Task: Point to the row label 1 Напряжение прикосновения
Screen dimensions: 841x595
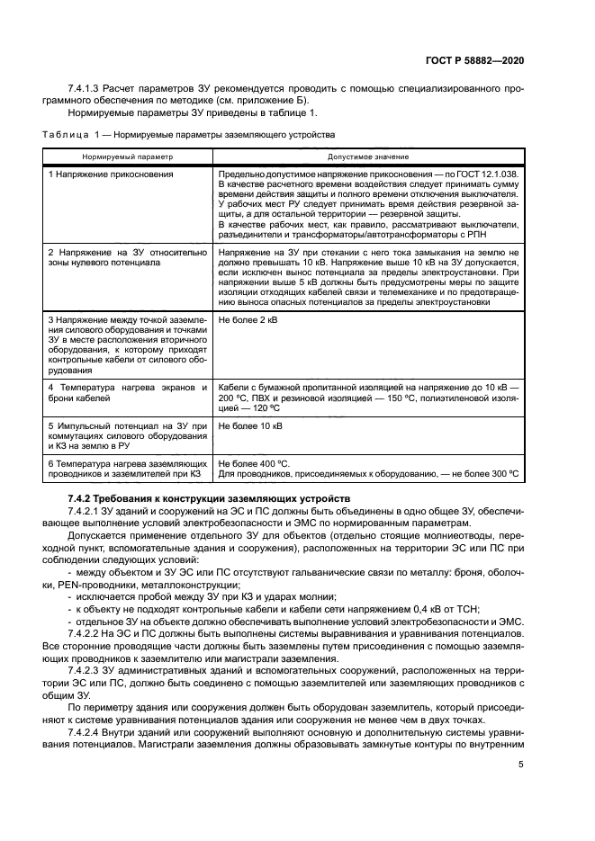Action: (110, 174)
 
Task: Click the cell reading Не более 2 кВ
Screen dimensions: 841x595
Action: (250, 319)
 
